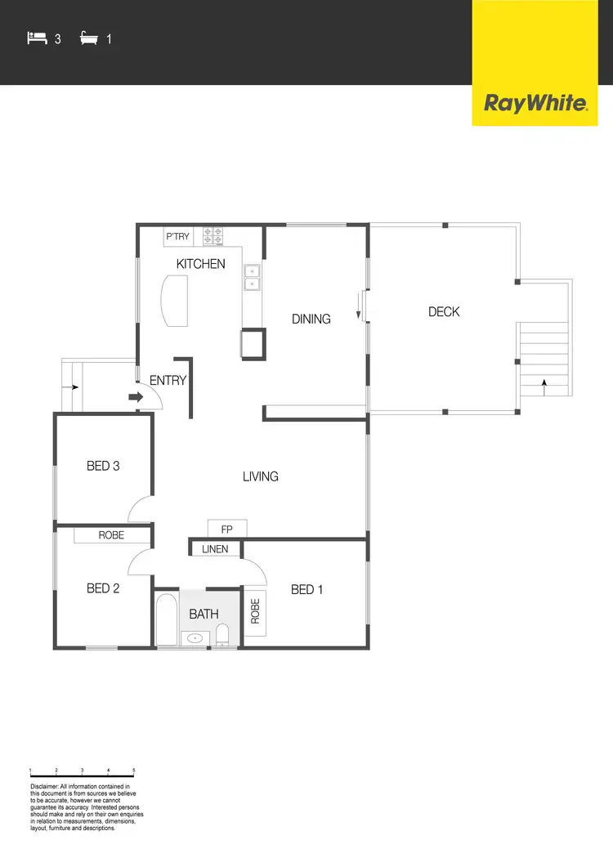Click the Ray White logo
(x=536, y=103)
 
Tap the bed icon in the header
(x=37, y=38)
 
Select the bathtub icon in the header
(x=89, y=38)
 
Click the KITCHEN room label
(x=201, y=264)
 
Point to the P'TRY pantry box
(x=178, y=237)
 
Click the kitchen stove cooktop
(x=213, y=235)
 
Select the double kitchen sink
(x=252, y=278)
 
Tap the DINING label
(x=311, y=319)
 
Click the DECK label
(x=444, y=311)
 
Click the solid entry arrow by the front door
(x=135, y=398)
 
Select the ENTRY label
(x=168, y=380)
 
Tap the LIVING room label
(x=261, y=476)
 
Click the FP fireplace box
(x=227, y=529)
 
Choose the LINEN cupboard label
(x=216, y=549)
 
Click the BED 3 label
(x=103, y=466)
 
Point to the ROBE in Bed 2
(x=111, y=535)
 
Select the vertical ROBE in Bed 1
(x=255, y=611)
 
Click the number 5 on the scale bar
(x=134, y=771)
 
